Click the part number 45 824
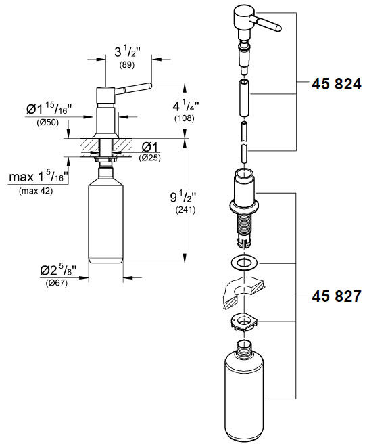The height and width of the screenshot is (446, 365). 336,85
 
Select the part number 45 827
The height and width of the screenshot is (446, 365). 336,296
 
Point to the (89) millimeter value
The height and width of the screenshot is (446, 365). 126,66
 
